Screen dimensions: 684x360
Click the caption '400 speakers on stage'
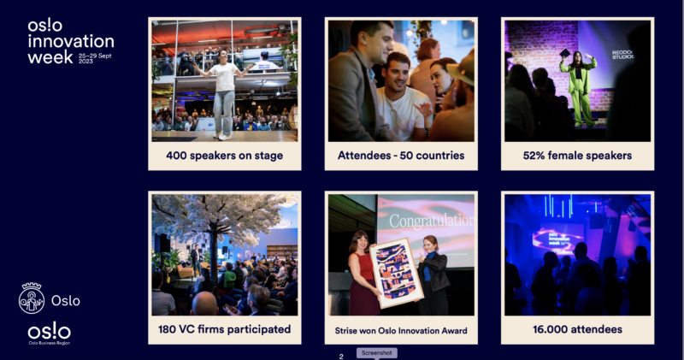(x=224, y=156)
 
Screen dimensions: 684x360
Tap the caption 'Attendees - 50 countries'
(x=401, y=156)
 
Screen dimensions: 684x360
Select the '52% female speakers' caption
(x=577, y=156)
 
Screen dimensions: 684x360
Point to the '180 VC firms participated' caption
(x=224, y=329)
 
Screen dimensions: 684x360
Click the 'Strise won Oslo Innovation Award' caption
(x=401, y=331)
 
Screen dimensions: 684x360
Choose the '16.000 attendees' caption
(x=577, y=329)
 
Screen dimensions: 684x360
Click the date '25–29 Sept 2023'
(x=95, y=58)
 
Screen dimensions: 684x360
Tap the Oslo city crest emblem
(x=32, y=298)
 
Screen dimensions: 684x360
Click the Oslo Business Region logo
(x=49, y=333)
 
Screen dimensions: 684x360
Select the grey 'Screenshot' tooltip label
(x=376, y=353)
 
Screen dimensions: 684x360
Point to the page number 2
(x=341, y=357)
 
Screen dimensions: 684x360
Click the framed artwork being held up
(x=397, y=273)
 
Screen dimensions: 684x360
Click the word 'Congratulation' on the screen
(x=432, y=221)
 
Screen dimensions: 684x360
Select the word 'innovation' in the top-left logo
(x=71, y=41)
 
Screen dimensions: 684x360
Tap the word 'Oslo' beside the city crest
(x=66, y=301)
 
